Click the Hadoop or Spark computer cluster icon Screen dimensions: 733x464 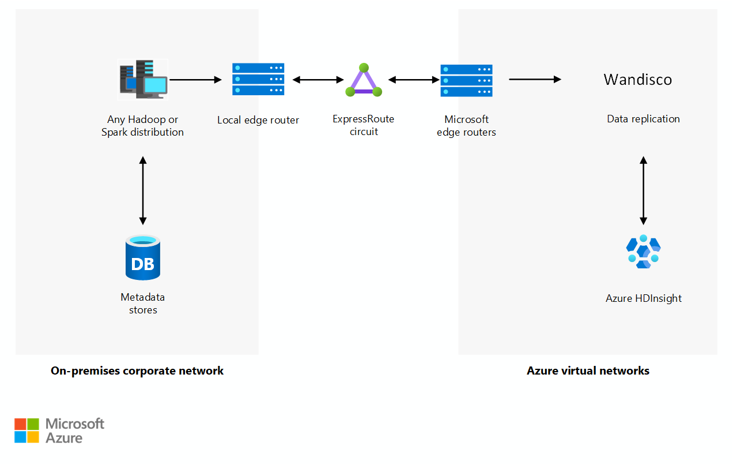click(x=143, y=79)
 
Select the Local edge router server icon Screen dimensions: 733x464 click(x=258, y=79)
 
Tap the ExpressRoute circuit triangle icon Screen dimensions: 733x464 click(x=364, y=80)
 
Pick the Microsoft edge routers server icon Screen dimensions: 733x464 click(x=466, y=81)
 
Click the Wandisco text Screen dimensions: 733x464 click(x=638, y=80)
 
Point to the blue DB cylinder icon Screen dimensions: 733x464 click(x=143, y=257)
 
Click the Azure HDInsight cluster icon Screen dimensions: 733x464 click(x=643, y=252)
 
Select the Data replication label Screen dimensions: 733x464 click(x=643, y=119)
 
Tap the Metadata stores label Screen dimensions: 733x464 click(x=143, y=304)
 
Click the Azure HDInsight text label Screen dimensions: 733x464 click(x=643, y=298)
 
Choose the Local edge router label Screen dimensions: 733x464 click(x=258, y=120)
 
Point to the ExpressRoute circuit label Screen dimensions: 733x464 click(x=364, y=125)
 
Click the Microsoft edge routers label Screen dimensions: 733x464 click(x=466, y=125)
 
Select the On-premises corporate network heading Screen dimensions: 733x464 click(x=137, y=371)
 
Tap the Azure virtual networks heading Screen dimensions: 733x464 click(x=588, y=371)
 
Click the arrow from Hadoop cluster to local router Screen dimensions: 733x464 click(x=195, y=80)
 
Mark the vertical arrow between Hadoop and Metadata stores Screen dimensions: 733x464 click(x=143, y=190)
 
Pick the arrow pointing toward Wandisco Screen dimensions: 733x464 click(x=535, y=79)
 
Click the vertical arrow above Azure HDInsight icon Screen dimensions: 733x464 click(x=643, y=190)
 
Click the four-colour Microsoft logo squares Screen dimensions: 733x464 click(x=27, y=431)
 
